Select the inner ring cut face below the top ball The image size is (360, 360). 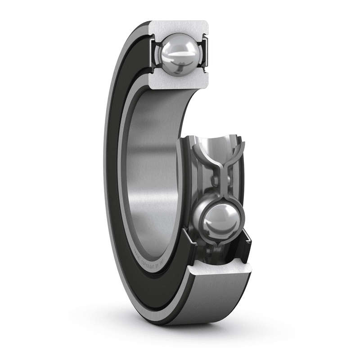(180, 82)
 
